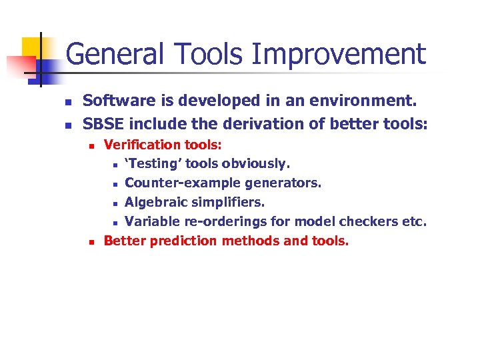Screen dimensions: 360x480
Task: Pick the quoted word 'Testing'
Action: [x=153, y=164]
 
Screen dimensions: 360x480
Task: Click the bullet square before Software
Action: [x=67, y=103]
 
